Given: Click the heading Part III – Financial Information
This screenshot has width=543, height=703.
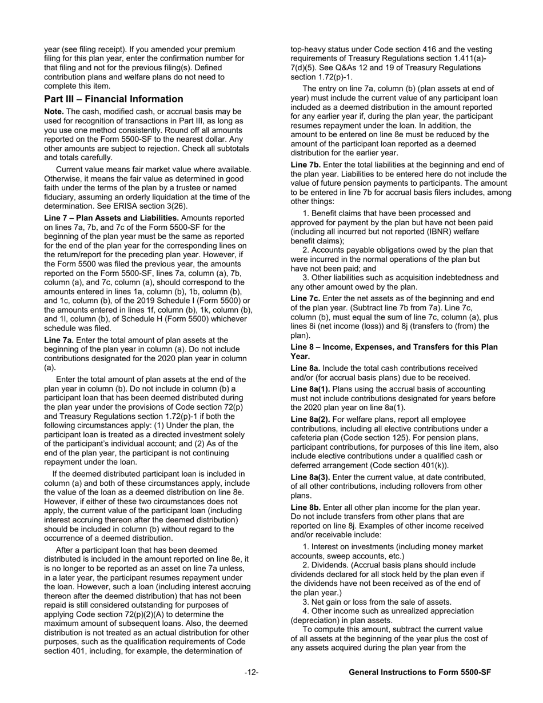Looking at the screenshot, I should click(114, 99).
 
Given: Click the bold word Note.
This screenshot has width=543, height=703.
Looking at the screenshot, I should click(55, 111).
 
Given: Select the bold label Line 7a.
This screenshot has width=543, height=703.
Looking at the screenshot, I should click(59, 340).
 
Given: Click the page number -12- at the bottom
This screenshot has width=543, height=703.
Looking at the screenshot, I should click(251, 673).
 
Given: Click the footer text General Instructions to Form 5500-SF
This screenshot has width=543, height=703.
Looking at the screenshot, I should click(420, 673).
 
